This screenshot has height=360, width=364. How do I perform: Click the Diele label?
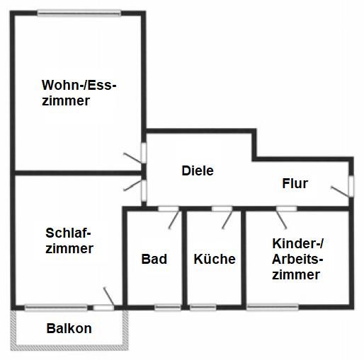[x=198, y=170]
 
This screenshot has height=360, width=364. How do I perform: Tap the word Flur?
[x=295, y=183]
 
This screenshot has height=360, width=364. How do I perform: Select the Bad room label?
[x=154, y=259]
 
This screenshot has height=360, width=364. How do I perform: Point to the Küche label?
[x=215, y=259]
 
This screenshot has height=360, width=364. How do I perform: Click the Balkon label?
[x=69, y=328]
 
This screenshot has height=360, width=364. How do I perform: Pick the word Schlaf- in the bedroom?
[x=68, y=233]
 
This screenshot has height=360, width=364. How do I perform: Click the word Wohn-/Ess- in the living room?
[x=79, y=85]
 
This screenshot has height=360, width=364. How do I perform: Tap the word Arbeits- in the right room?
[x=297, y=259]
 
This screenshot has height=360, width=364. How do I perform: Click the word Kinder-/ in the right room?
[x=297, y=243]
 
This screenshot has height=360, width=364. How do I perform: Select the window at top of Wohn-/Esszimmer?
[x=79, y=13]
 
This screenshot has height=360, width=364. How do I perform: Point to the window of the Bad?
[x=168, y=308]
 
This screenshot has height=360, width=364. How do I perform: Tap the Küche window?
[x=203, y=308]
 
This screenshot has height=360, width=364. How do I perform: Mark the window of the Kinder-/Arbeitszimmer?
[x=273, y=308]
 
